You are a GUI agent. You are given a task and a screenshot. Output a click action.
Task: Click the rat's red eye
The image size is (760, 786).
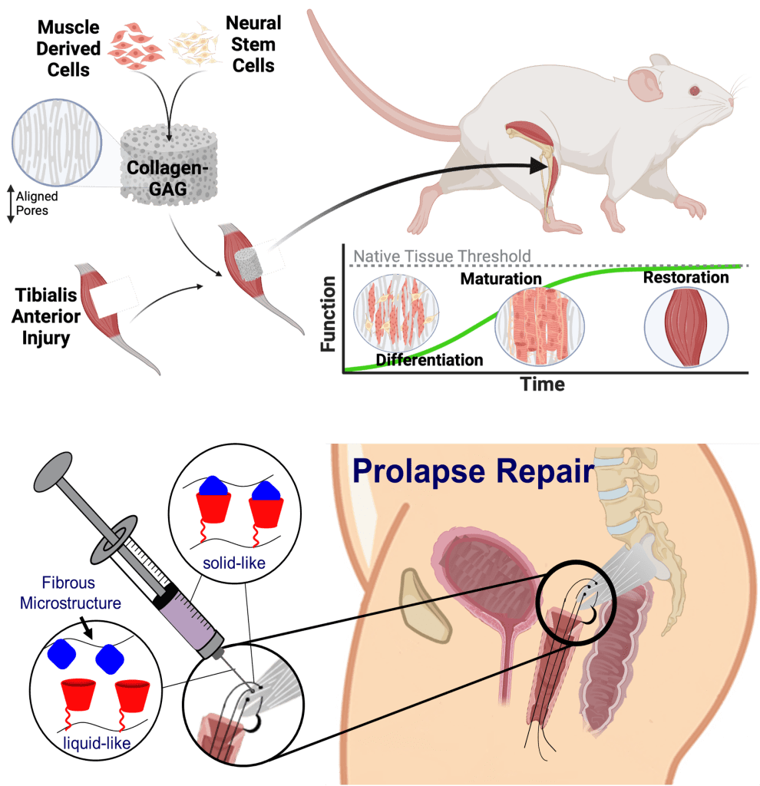(x=695, y=91)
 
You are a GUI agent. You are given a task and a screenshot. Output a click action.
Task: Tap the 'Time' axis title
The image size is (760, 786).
(x=543, y=384)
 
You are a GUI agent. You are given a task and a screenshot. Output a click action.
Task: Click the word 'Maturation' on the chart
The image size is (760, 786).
(x=501, y=279)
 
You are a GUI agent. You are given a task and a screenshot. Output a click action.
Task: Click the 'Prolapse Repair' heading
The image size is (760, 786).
(x=474, y=471)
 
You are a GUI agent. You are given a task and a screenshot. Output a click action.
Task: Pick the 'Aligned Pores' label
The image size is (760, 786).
(x=36, y=203)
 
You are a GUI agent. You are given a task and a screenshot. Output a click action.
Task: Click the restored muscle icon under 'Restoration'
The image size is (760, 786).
(x=686, y=326)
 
